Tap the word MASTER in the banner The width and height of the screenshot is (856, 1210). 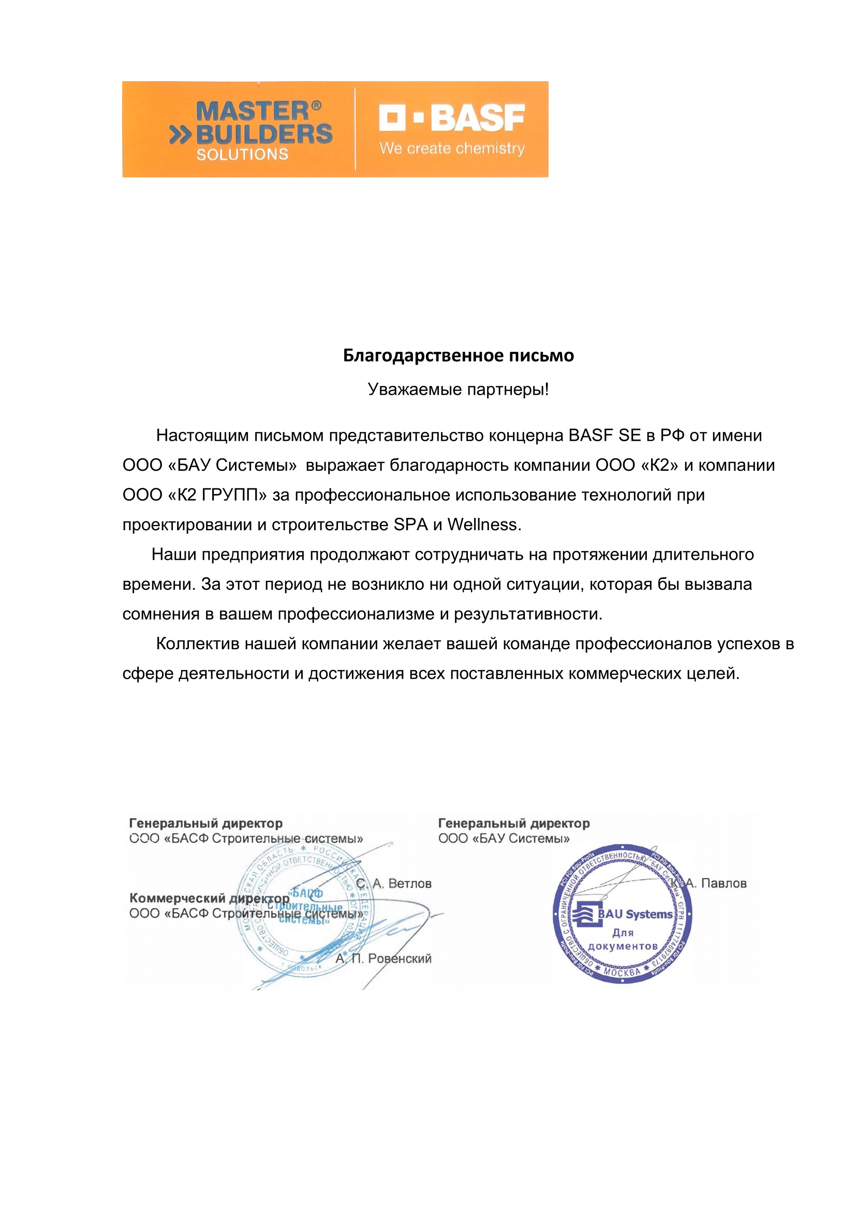click(x=252, y=111)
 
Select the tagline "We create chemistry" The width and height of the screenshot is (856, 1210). click(x=452, y=148)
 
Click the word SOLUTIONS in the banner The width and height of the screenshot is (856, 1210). click(x=242, y=154)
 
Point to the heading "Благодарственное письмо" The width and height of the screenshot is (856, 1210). click(x=458, y=355)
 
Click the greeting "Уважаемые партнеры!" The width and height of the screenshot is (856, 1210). click(x=458, y=390)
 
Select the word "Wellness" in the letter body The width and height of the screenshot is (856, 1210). click(x=483, y=525)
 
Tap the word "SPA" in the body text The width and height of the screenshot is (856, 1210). click(x=410, y=525)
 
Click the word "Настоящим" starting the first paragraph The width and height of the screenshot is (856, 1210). click(x=202, y=436)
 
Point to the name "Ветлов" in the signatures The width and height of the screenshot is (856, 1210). click(x=409, y=884)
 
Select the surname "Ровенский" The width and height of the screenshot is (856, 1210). click(x=400, y=959)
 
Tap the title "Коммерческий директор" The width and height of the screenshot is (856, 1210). click(x=209, y=898)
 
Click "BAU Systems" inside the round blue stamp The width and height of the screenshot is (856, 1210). click(x=634, y=914)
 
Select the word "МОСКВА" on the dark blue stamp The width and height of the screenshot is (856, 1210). click(x=622, y=972)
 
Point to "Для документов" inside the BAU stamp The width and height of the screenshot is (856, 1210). click(x=623, y=939)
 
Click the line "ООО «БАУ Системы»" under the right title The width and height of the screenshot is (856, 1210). click(x=504, y=839)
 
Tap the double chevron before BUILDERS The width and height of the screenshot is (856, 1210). click(x=180, y=136)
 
